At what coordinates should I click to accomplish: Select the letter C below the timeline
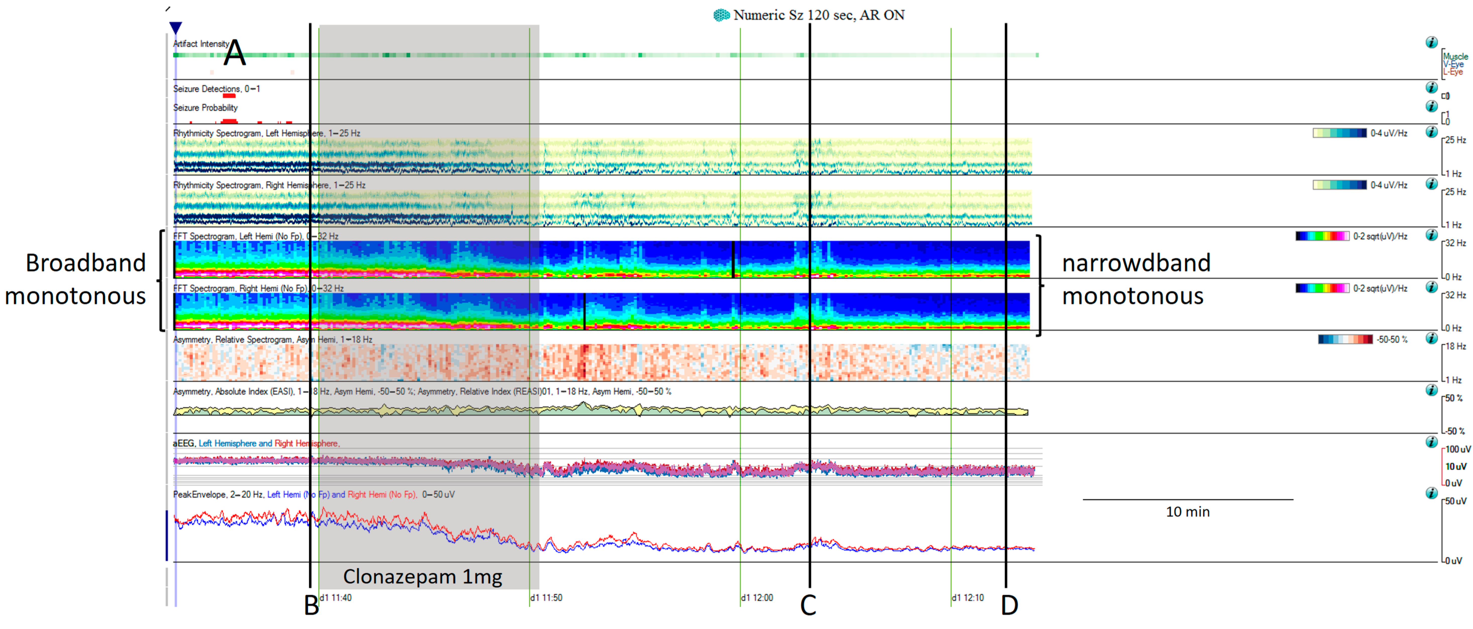click(x=808, y=605)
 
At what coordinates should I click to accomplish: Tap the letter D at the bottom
click(x=1009, y=605)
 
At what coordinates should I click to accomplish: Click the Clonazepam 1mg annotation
click(x=423, y=576)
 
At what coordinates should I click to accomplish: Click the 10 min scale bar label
click(x=1188, y=512)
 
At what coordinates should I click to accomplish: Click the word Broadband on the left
click(x=86, y=263)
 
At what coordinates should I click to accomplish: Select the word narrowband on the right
click(x=1136, y=263)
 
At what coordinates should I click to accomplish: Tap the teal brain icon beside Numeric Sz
click(x=721, y=15)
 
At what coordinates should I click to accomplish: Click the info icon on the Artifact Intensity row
click(x=1431, y=42)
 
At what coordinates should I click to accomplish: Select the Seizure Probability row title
click(x=205, y=108)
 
